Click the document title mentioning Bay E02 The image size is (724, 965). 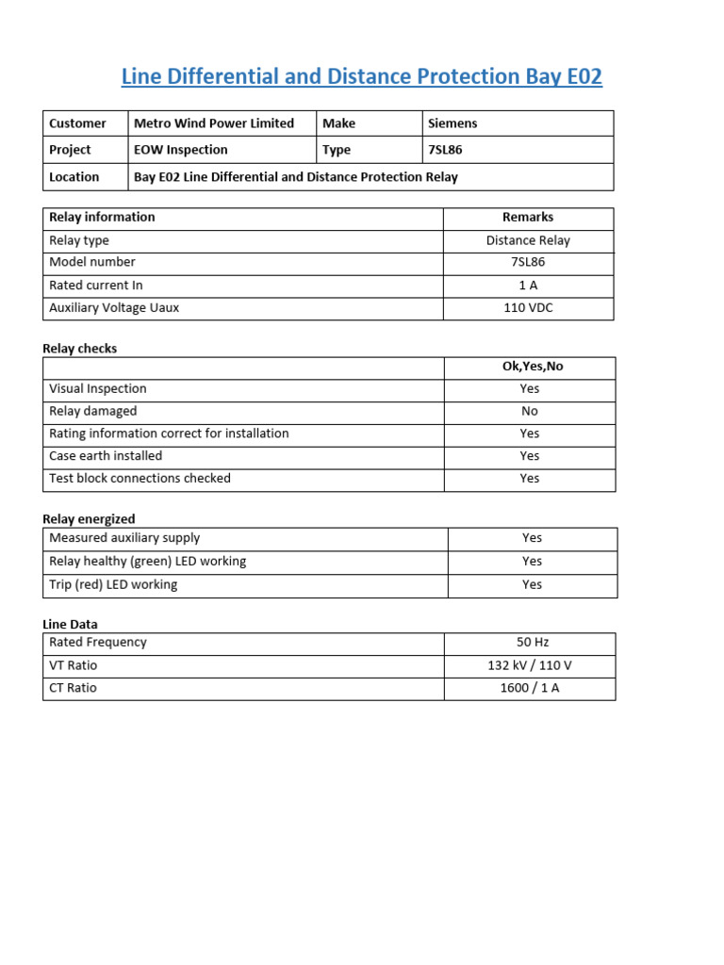tap(361, 77)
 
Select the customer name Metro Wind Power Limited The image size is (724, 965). tap(214, 123)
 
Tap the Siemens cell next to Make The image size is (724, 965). tap(453, 123)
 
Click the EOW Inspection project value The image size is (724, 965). tap(181, 150)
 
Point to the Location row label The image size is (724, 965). tap(74, 177)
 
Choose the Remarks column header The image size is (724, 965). tap(528, 218)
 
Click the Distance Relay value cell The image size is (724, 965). tap(528, 240)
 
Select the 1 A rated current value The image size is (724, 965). tap(528, 286)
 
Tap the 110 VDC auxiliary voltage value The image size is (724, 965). tap(528, 308)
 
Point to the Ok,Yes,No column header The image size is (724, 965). tap(533, 367)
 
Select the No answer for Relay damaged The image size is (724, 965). tap(530, 411)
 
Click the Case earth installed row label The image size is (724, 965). tap(106, 456)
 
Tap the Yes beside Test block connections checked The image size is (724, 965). tap(530, 479)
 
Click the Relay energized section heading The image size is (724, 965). tap(89, 519)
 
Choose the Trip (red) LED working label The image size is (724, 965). tap(113, 585)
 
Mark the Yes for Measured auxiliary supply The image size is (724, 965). tap(533, 538)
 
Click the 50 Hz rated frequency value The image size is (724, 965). tap(533, 643)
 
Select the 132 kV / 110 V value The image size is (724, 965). tap(530, 665)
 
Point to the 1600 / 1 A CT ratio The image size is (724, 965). tap(530, 688)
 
